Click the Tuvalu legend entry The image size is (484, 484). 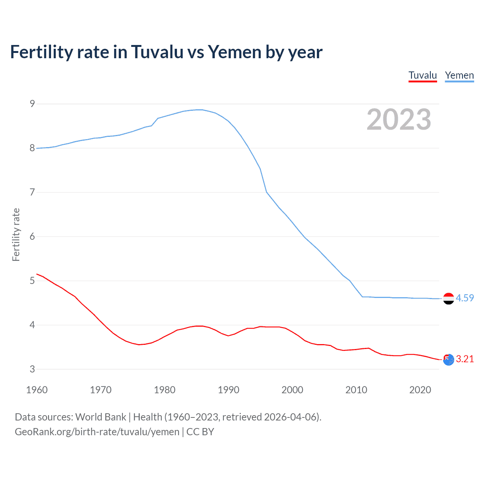click(x=423, y=75)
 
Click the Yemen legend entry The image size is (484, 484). click(x=459, y=75)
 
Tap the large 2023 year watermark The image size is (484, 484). click(x=399, y=119)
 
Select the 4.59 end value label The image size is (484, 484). click(x=465, y=298)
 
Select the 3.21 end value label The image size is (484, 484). click(x=465, y=359)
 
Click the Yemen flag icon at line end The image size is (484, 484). click(x=448, y=298)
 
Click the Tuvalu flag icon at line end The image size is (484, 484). click(x=448, y=360)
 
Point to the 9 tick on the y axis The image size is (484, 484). click(x=33, y=104)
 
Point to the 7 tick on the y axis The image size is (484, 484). click(x=33, y=192)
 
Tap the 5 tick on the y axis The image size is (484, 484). click(x=33, y=281)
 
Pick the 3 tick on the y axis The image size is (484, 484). click(x=33, y=369)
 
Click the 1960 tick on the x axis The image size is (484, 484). click(x=37, y=390)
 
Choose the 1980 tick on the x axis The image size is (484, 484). click(x=164, y=390)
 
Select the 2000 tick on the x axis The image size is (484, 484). click(x=292, y=390)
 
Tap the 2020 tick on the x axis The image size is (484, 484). click(x=420, y=390)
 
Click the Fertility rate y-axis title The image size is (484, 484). click(x=16, y=234)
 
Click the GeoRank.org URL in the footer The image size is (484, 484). click(x=97, y=431)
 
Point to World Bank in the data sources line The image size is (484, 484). click(x=101, y=417)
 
